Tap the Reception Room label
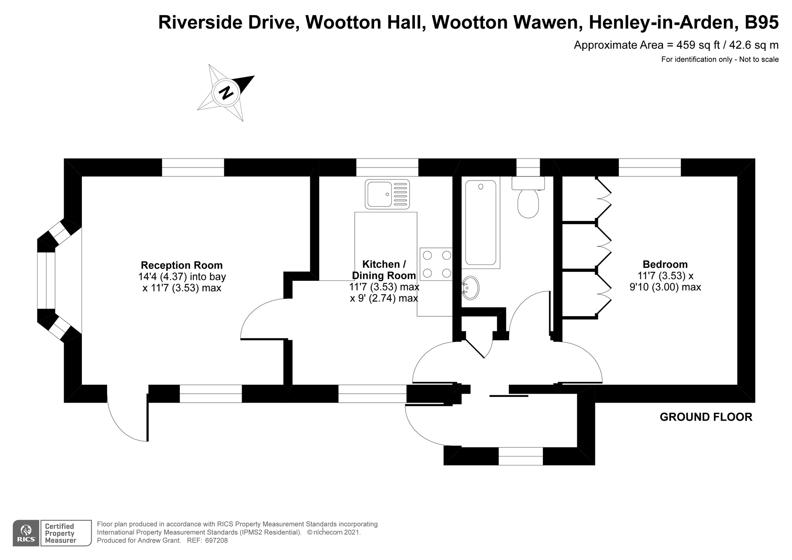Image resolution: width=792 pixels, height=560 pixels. pyautogui.click(x=182, y=265)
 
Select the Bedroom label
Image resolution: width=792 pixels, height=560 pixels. pyautogui.click(x=665, y=264)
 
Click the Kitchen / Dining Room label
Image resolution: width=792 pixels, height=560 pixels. pyautogui.click(x=384, y=269)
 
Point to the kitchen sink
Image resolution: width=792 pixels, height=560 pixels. pyautogui.click(x=387, y=194)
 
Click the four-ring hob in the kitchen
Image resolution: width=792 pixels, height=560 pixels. pyautogui.click(x=437, y=264)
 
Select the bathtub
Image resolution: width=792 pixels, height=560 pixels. pyautogui.click(x=481, y=223)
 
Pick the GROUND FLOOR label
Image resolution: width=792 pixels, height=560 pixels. pyautogui.click(x=706, y=417)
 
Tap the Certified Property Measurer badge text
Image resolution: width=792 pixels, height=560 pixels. pyautogui.click(x=60, y=533)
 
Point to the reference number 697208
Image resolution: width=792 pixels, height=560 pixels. pyautogui.click(x=216, y=540)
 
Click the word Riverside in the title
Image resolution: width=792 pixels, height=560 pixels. pyautogui.click(x=199, y=22)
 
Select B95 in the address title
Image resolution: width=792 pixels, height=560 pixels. pyautogui.click(x=761, y=22)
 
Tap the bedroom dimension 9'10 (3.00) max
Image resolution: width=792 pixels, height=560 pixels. pyautogui.click(x=665, y=287)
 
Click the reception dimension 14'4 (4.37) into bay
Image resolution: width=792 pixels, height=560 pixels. pyautogui.click(x=182, y=277)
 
